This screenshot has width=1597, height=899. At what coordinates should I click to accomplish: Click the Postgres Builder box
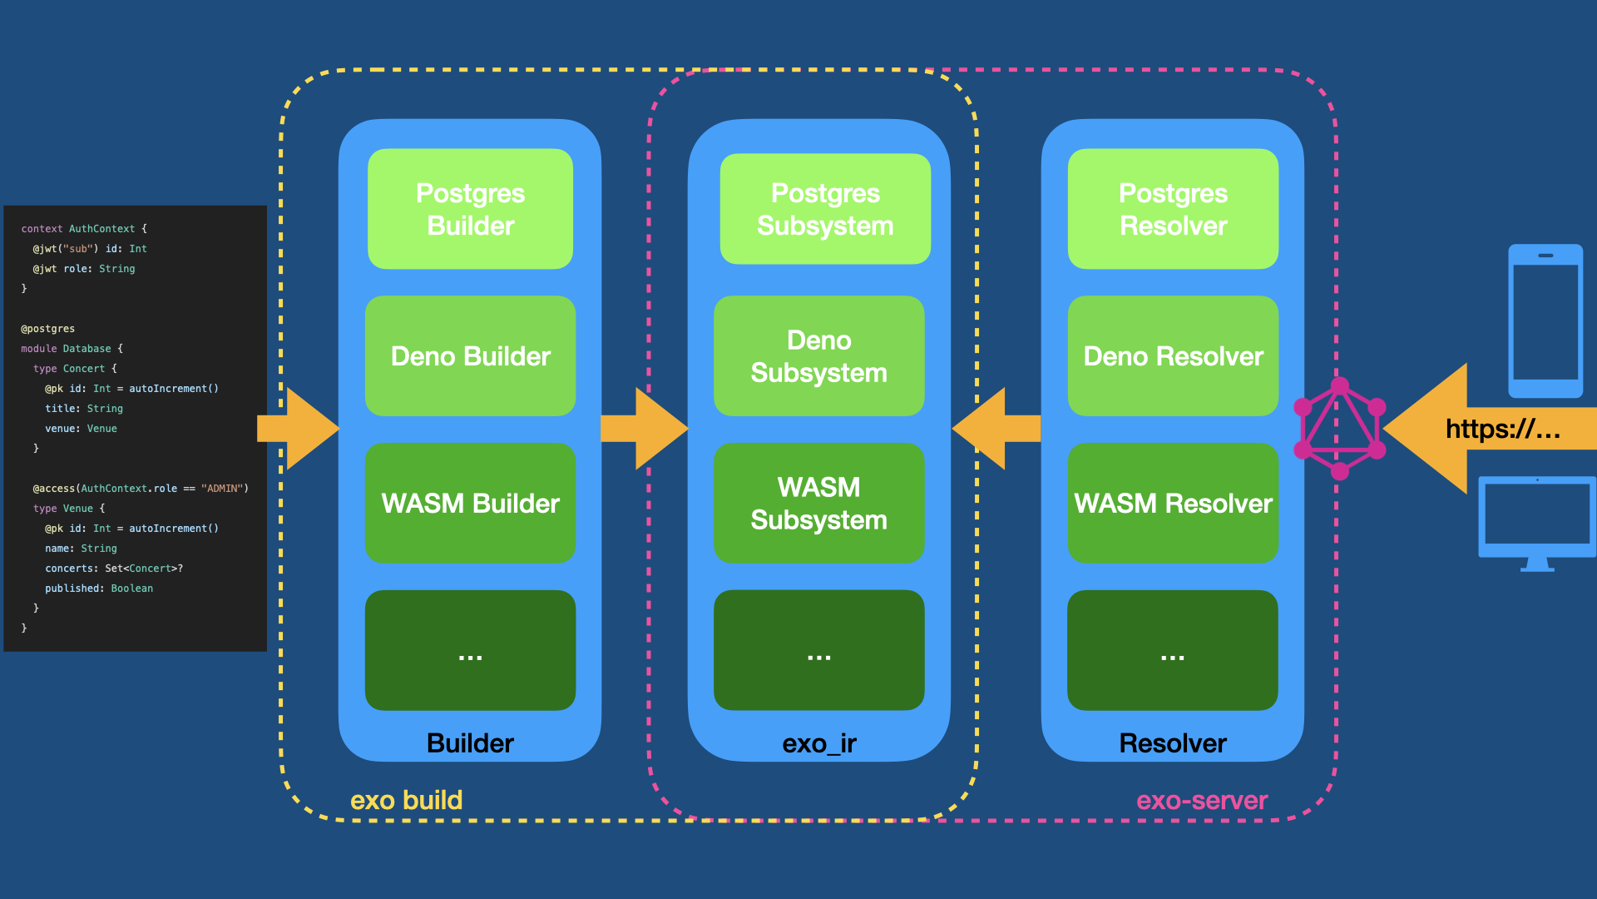(x=470, y=209)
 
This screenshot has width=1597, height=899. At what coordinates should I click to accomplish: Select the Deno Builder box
(x=470, y=356)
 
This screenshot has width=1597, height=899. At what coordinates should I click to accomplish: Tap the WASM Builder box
(x=470, y=504)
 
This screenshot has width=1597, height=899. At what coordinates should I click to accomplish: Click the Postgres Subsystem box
(x=824, y=209)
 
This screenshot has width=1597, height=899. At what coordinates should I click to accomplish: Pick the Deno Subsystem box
(x=818, y=356)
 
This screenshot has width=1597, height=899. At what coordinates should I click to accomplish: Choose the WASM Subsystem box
(x=818, y=504)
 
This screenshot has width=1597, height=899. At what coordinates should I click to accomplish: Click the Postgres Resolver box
(x=1173, y=209)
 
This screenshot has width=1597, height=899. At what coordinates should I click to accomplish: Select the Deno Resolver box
(x=1173, y=356)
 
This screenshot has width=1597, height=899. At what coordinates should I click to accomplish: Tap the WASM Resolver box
(x=1173, y=504)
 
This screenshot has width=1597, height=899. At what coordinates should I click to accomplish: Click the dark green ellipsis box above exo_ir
(x=818, y=651)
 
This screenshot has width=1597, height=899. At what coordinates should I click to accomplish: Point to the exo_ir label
(x=818, y=743)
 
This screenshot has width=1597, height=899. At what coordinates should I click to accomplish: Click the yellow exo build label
(x=406, y=801)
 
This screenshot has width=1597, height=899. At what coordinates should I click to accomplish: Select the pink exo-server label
(x=1201, y=801)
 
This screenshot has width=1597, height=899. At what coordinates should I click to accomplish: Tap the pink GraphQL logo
(x=1339, y=429)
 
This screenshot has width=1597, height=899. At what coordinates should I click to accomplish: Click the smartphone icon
(x=1545, y=320)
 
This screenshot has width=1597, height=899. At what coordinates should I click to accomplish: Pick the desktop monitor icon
(x=1536, y=523)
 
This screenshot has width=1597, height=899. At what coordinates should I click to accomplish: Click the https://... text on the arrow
(x=1502, y=430)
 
